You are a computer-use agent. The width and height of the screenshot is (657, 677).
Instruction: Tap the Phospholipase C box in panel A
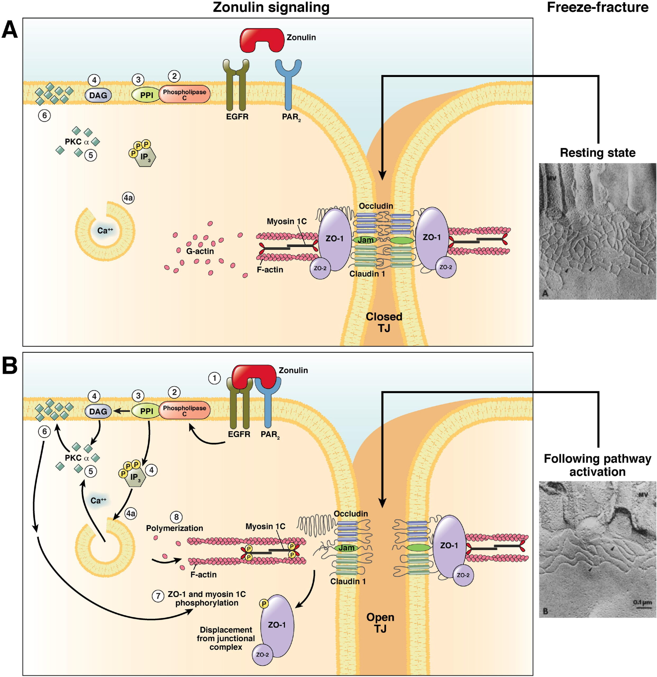[184, 94]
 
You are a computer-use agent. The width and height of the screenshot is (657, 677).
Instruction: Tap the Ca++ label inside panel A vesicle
[105, 230]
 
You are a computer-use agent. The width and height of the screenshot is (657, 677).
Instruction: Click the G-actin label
[200, 251]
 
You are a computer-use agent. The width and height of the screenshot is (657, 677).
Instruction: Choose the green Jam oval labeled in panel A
[365, 240]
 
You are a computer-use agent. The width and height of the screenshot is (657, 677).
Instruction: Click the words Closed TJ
[384, 322]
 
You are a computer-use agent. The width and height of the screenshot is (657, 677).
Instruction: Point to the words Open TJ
[380, 623]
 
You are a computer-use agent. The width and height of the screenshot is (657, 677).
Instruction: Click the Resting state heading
[598, 152]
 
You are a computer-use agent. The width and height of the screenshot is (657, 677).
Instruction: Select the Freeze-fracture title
[598, 7]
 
